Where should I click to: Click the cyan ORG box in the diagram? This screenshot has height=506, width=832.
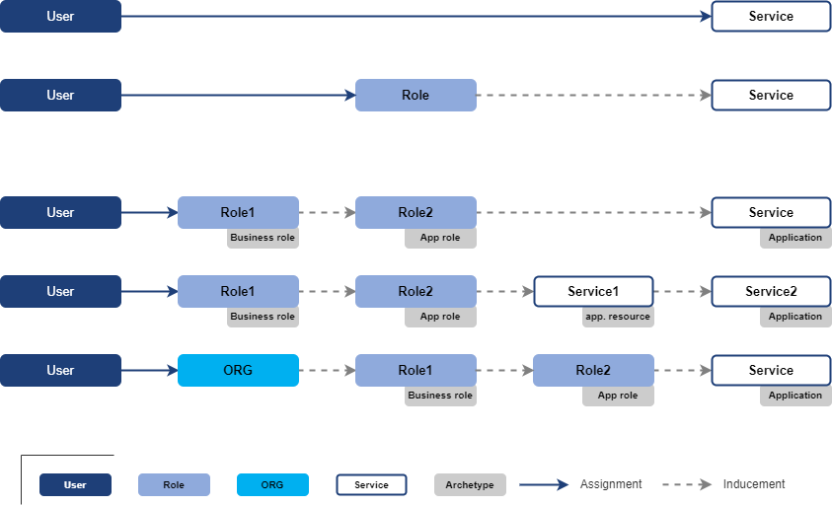(x=238, y=370)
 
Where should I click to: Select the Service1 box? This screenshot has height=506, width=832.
(x=593, y=291)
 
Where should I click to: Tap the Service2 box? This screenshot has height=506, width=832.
(x=771, y=291)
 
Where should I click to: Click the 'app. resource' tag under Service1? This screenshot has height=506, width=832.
(x=618, y=317)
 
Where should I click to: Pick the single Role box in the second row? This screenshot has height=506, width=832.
(x=416, y=95)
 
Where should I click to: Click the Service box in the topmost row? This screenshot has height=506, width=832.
(x=771, y=16)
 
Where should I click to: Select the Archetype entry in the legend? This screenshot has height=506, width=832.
(x=470, y=484)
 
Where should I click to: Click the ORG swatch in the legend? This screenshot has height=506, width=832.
(x=272, y=484)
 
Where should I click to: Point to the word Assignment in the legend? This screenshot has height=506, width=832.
(x=611, y=484)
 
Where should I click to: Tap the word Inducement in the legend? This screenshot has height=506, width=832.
(x=754, y=484)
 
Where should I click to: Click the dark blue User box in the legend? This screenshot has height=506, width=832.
(x=75, y=484)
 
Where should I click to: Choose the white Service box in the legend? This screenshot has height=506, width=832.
(x=371, y=484)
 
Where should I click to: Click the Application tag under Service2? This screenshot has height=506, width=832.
(x=795, y=317)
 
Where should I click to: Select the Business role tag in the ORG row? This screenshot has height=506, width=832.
(x=440, y=396)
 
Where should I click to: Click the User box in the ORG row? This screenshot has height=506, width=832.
(x=60, y=370)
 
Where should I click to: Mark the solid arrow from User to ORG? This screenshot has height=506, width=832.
(x=149, y=370)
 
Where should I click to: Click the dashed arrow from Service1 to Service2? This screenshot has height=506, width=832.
(x=682, y=291)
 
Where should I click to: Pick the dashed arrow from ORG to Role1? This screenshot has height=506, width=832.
(x=327, y=370)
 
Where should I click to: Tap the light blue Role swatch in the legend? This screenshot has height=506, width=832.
(x=174, y=484)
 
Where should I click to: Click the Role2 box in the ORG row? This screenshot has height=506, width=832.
(x=593, y=370)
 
